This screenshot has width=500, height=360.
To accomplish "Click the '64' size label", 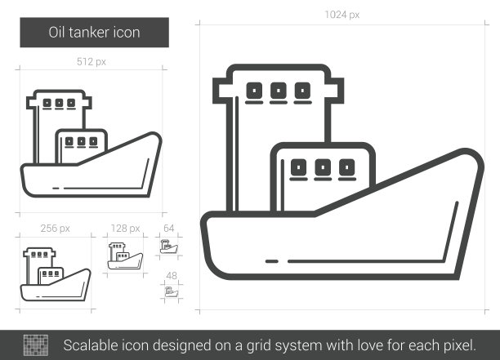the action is point(168,228).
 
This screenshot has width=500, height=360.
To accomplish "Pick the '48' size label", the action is point(172,276).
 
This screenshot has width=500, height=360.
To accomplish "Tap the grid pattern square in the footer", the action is point(36,345).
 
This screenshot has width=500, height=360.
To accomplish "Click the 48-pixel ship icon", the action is point(172,291).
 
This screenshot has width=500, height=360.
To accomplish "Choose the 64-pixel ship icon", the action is point(169,247).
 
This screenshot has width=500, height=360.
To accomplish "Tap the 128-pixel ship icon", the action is point(125,256).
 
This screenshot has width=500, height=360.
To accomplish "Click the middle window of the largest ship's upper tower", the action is point(279,91).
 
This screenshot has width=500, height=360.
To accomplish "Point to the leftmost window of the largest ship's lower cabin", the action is point(298,167).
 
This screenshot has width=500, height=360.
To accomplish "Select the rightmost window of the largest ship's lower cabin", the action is point(347,167).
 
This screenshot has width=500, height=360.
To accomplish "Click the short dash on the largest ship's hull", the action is point(272,261).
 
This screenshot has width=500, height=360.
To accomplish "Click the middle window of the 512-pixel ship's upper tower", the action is point(59,103).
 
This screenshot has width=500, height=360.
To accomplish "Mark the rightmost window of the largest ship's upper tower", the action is point(302,91).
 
